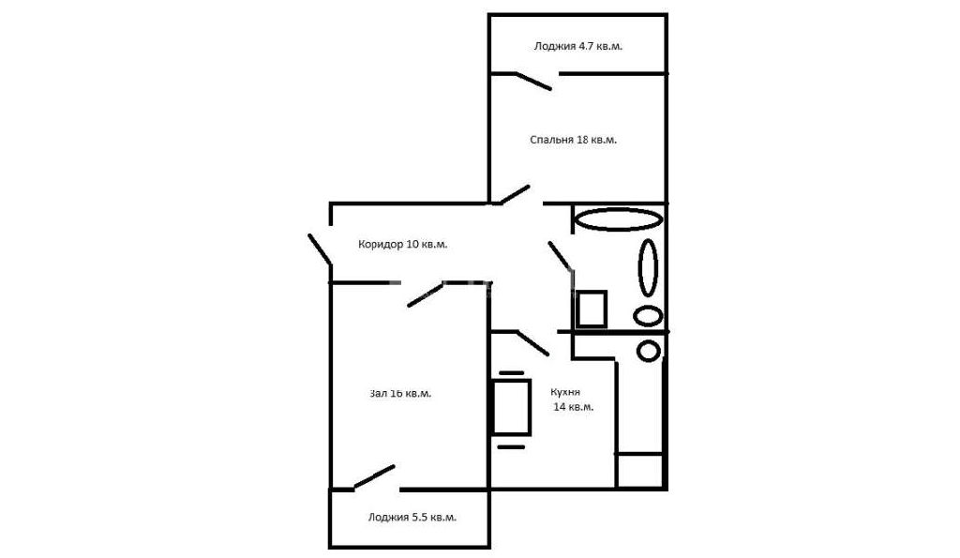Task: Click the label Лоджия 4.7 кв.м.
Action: point(577,46)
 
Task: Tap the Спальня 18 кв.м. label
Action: point(573,140)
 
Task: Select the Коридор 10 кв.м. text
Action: point(402,245)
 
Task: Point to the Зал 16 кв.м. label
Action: point(400,393)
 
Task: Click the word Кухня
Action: point(565,392)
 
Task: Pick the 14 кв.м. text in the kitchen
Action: point(573,407)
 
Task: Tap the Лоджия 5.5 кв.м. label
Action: point(412,517)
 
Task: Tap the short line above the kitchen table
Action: point(512,372)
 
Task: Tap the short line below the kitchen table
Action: point(511,446)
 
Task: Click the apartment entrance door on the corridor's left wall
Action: point(320,249)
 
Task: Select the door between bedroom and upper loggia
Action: point(533,82)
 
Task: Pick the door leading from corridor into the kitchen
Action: point(533,343)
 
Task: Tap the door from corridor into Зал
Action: point(425,294)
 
